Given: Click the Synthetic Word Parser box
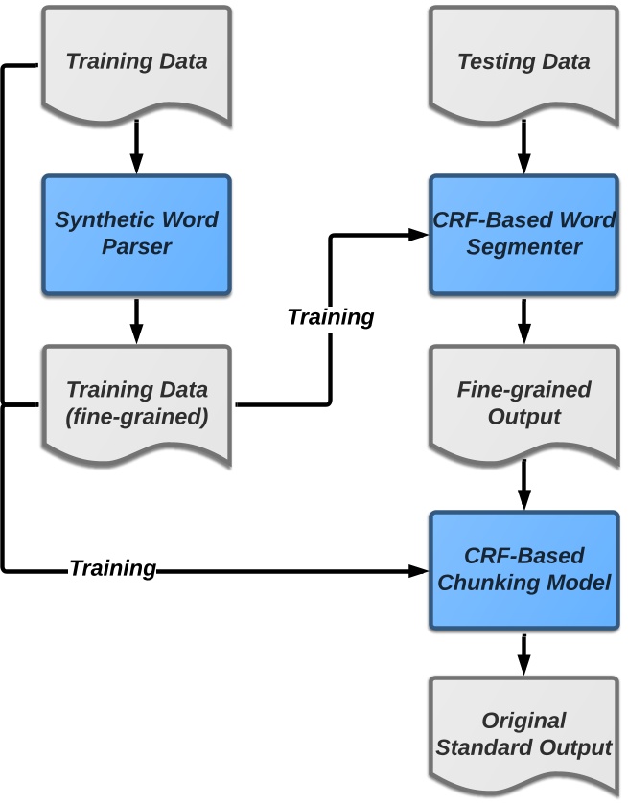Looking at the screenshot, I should (136, 233).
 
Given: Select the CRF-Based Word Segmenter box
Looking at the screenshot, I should (523, 233).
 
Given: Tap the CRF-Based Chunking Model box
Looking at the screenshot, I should (523, 569).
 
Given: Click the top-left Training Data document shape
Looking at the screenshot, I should (136, 62).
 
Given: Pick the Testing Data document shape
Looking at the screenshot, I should (523, 62).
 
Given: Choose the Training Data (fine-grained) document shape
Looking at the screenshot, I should (136, 403).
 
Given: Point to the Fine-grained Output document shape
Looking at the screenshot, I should (523, 403).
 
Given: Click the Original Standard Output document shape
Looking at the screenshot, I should (523, 734).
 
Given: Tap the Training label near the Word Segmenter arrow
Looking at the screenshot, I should (331, 316).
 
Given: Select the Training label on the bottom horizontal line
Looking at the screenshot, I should (112, 568).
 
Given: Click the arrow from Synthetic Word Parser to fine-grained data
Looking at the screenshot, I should (136, 320).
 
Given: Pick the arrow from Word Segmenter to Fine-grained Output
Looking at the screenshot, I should (523, 320).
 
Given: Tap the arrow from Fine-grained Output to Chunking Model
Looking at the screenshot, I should (523, 486).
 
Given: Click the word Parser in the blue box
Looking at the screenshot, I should (136, 247).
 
